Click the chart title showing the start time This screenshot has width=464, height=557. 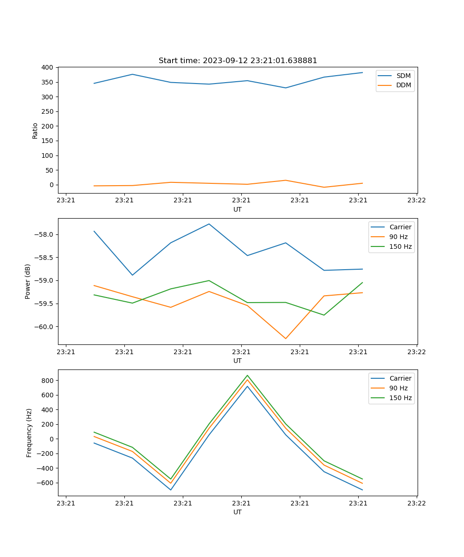(238, 61)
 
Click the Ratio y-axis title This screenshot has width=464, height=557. (35, 130)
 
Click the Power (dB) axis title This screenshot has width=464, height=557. (28, 281)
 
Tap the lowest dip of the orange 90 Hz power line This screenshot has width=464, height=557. (286, 338)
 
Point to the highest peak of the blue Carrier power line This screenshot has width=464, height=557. (209, 224)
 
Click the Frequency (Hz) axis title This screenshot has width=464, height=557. (29, 433)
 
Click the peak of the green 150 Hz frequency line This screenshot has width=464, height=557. (247, 376)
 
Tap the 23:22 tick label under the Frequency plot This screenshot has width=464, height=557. (416, 503)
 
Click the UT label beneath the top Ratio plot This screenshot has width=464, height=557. (238, 209)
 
